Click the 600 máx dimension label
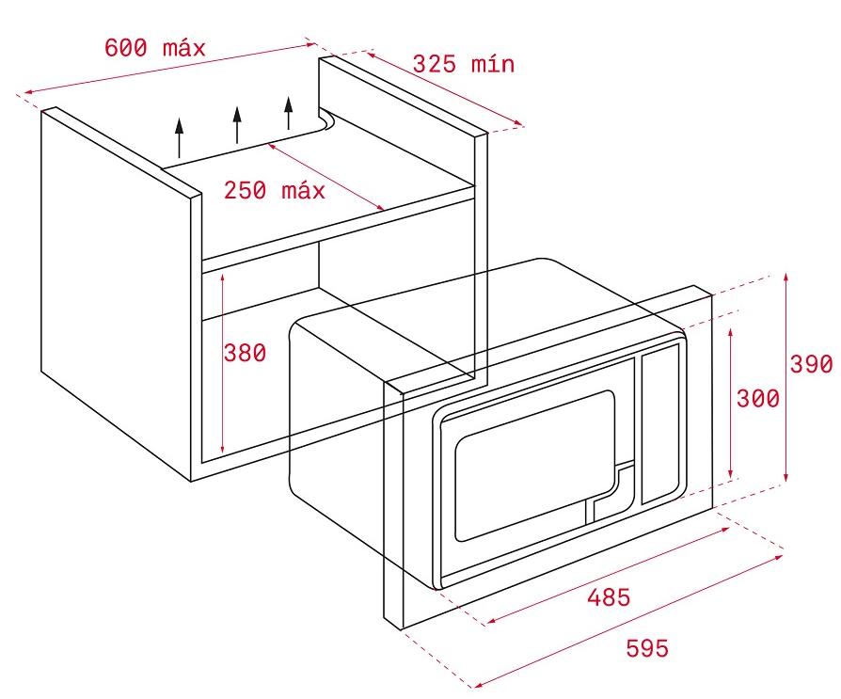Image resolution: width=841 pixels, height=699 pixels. click(x=154, y=47)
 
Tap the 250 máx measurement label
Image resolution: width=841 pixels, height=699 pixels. click(x=274, y=190)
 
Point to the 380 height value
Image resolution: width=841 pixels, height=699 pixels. click(x=245, y=353)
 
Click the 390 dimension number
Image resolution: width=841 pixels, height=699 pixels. click(x=811, y=364)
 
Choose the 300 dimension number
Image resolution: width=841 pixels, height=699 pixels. click(x=757, y=398)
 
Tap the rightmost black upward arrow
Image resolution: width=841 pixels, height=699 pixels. click(x=289, y=113)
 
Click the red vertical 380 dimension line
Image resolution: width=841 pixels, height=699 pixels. click(x=221, y=395)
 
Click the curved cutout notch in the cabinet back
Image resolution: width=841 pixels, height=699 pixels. click(x=326, y=121)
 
